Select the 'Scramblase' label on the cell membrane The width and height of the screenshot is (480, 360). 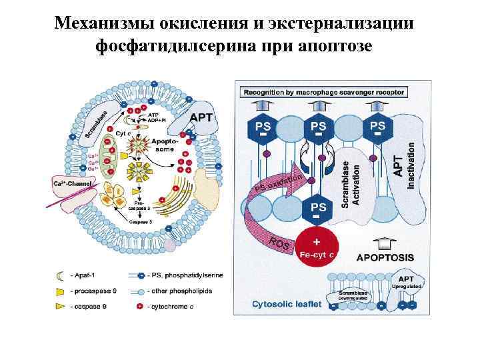102,120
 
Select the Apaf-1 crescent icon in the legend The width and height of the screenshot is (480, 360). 59,275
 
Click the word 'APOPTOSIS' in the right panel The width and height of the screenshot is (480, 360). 385,257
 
